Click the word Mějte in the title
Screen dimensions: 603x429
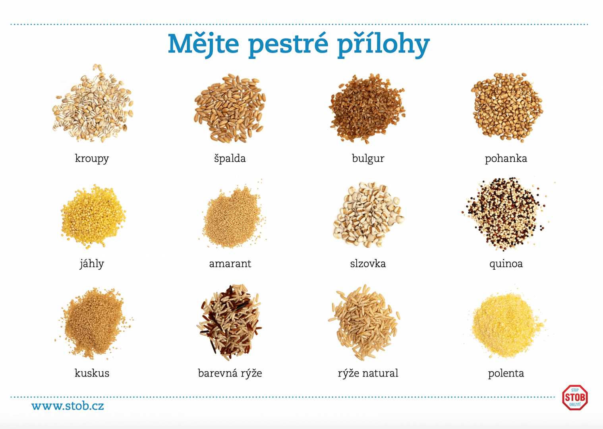203,44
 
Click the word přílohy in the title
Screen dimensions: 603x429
383,44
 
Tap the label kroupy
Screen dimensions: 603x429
92,158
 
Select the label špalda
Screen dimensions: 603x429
230,158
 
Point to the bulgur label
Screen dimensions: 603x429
368,158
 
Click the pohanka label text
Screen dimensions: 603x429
506,158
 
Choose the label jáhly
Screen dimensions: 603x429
92,263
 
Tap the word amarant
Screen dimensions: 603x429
230,264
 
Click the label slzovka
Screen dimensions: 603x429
368,263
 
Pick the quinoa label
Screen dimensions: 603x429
506,264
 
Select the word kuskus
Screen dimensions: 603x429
92,373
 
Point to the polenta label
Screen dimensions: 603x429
506,373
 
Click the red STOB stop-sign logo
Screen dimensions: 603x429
575,398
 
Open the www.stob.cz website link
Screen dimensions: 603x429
68,406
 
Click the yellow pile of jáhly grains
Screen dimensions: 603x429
93,216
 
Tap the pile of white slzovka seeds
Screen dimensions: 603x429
369,215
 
